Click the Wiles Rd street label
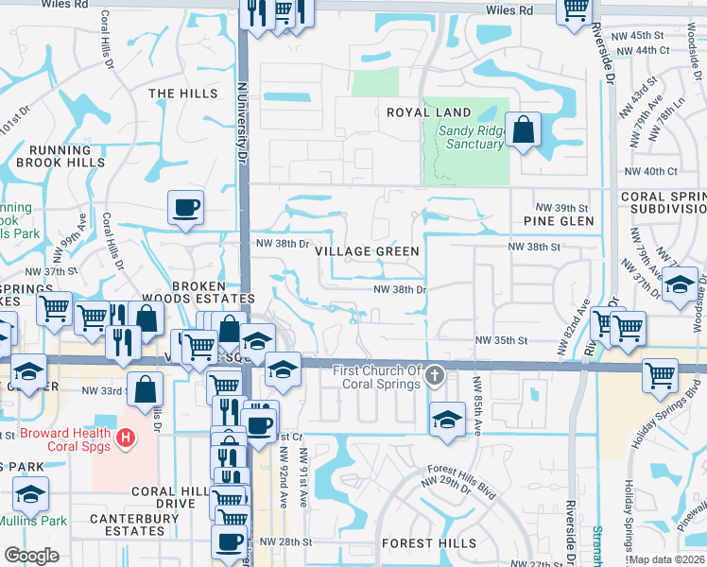click(510, 10)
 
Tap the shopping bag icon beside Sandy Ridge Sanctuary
click(523, 130)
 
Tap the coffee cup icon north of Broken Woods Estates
click(186, 207)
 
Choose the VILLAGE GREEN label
click(367, 251)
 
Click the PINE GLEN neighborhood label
click(559, 221)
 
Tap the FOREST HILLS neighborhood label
click(429, 544)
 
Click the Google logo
click(31, 555)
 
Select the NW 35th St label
click(500, 340)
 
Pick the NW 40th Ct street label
click(651, 171)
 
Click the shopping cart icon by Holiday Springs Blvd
click(660, 374)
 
